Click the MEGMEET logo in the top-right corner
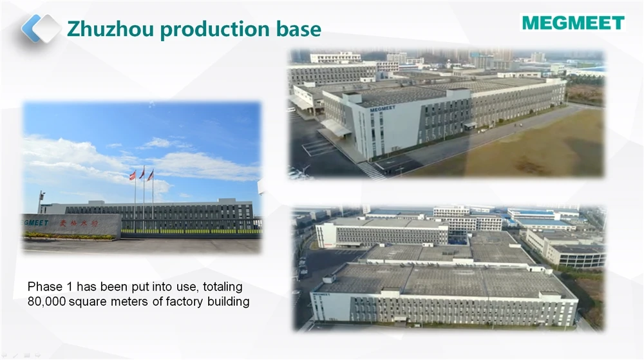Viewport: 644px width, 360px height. [x=573, y=23]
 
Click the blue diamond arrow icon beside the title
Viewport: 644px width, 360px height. [x=41, y=28]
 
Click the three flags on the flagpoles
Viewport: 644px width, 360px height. [x=142, y=174]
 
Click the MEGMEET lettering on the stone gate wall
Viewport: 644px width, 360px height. [x=36, y=222]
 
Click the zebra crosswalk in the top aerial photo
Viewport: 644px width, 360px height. [x=369, y=169]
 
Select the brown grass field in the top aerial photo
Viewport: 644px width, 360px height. [x=541, y=148]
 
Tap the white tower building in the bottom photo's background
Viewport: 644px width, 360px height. [x=451, y=211]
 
